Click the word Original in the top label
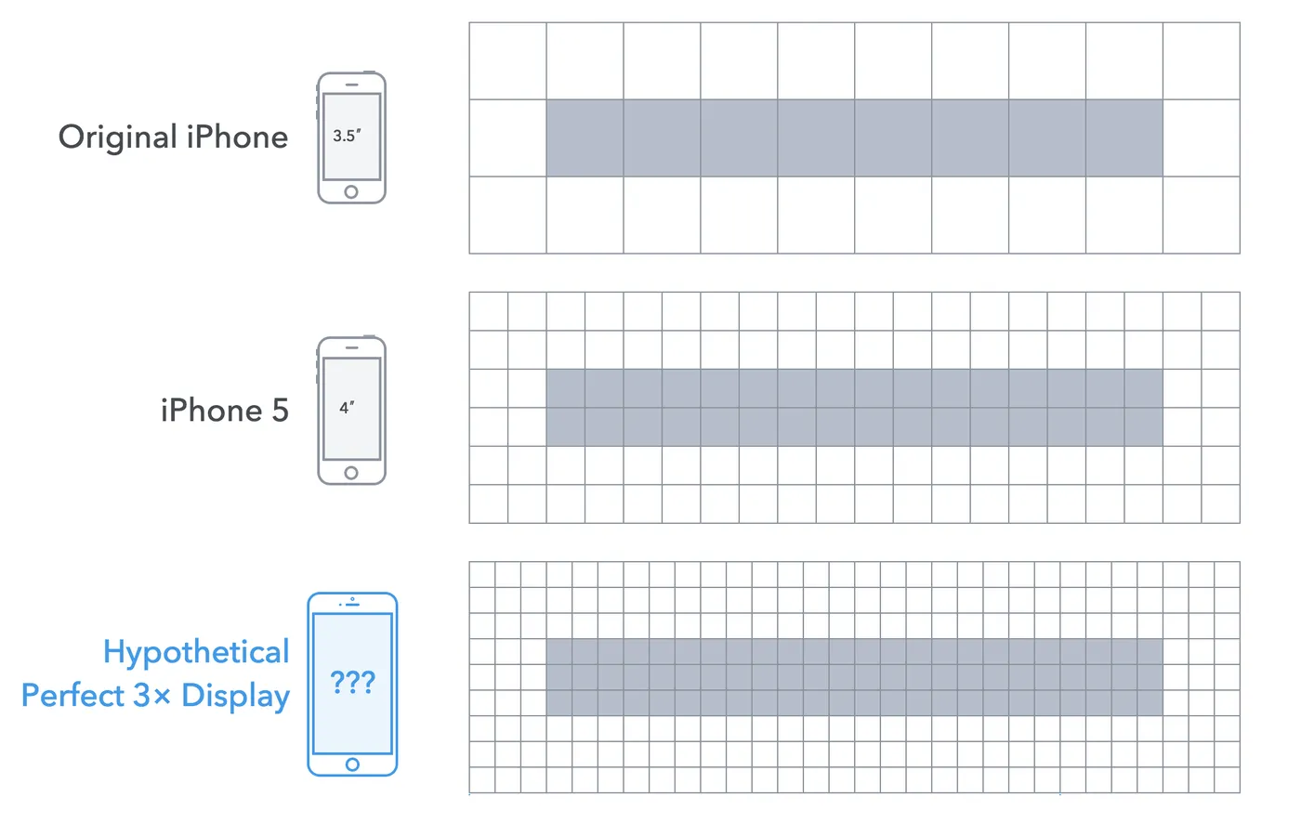[x=117, y=137]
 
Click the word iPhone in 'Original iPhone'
[x=237, y=137]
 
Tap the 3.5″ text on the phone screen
[x=347, y=136]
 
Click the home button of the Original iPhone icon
[x=351, y=192]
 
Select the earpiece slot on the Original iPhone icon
[x=351, y=85]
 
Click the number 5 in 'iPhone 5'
[x=280, y=411]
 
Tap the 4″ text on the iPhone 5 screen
[x=347, y=408]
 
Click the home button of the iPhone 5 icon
[x=351, y=473]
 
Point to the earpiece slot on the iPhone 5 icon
[x=351, y=348]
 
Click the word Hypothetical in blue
[x=196, y=652]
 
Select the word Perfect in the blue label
[x=73, y=695]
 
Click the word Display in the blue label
[x=236, y=696]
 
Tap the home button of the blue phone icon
[x=352, y=764]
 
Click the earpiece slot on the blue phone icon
[x=352, y=605]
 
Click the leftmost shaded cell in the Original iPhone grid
[x=585, y=137]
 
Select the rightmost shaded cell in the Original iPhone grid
[x=1124, y=137]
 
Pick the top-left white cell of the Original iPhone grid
[x=507, y=61]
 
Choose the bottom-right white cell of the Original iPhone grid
[x=1201, y=215]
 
